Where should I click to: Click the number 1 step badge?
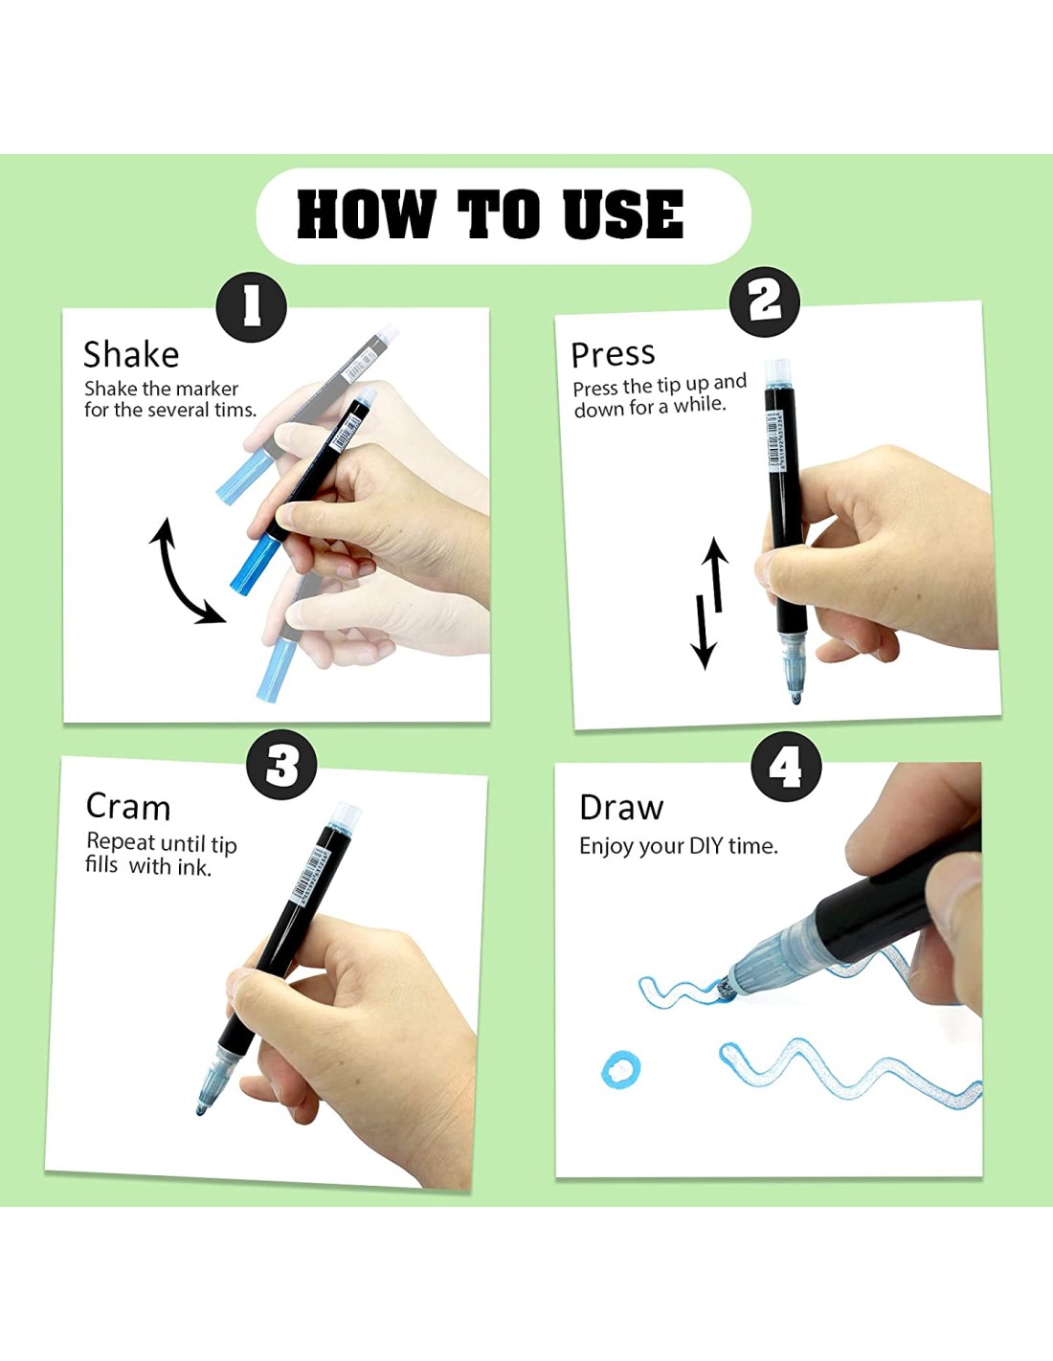click(x=251, y=306)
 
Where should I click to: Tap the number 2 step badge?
click(x=765, y=301)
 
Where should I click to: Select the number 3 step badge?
click(x=281, y=766)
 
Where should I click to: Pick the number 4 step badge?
click(x=786, y=767)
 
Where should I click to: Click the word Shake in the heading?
click(x=131, y=354)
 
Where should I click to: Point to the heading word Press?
click(x=613, y=354)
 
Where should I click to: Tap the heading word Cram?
click(x=128, y=807)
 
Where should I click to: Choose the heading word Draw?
click(x=620, y=808)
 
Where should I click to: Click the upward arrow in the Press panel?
click(x=717, y=573)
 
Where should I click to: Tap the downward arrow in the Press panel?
click(x=703, y=633)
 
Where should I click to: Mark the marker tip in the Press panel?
click(x=795, y=697)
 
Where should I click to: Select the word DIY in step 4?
click(x=706, y=846)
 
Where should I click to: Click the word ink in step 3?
click(x=194, y=867)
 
